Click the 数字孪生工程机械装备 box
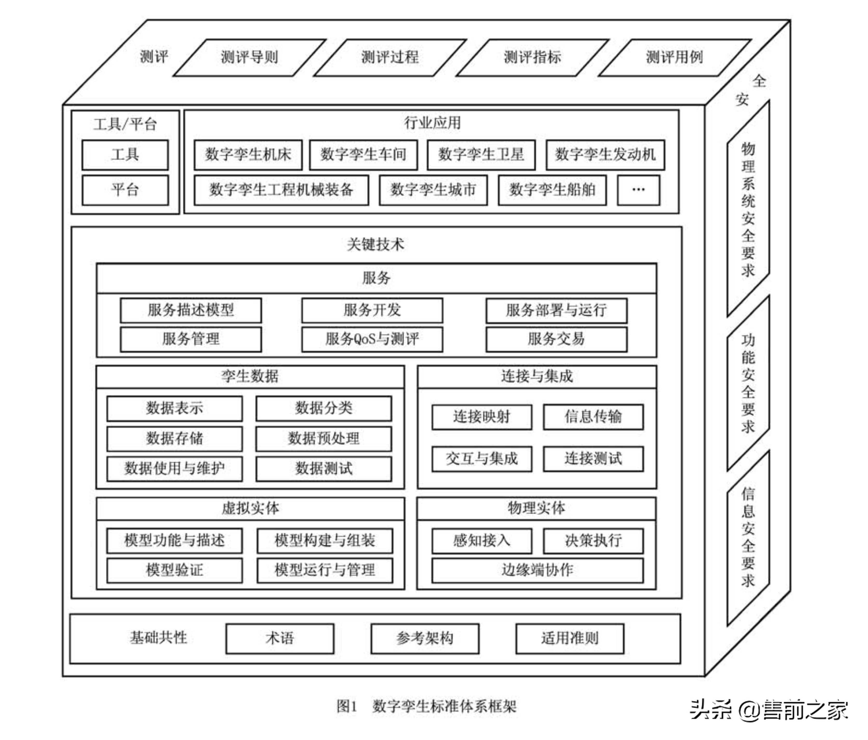(281, 190)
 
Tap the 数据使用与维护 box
(174, 468)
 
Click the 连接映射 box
(482, 417)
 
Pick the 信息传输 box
(593, 417)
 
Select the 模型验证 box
(174, 570)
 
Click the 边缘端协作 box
(538, 570)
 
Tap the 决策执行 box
(593, 540)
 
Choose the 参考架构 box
(425, 638)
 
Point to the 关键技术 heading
(376, 244)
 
